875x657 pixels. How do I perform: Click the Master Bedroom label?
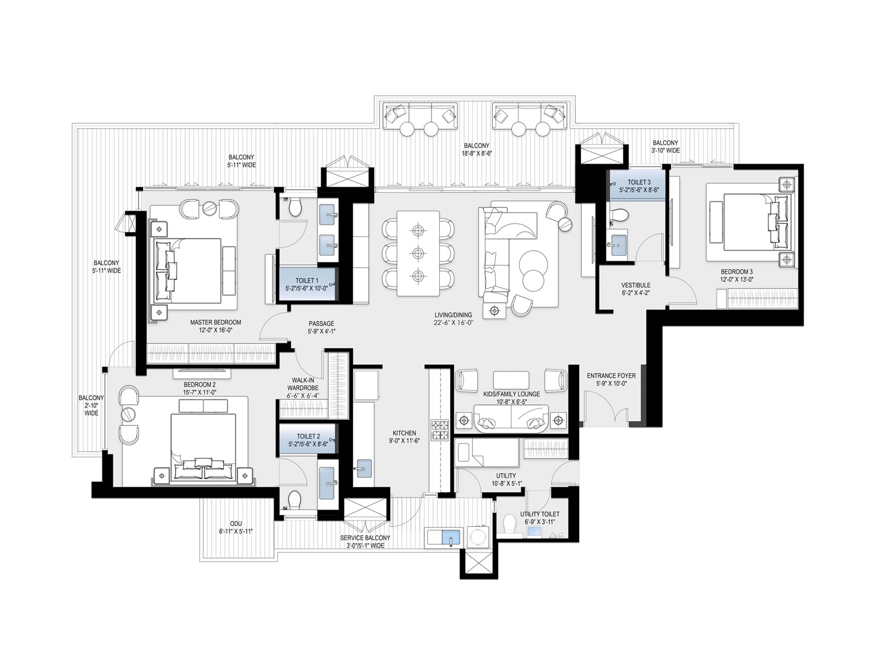(215, 322)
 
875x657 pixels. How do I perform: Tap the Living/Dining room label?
(453, 315)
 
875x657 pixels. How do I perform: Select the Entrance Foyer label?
(611, 376)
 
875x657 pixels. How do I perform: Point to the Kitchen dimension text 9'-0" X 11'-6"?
(404, 441)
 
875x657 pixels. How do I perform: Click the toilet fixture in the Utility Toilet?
(509, 523)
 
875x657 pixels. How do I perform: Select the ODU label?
(236, 524)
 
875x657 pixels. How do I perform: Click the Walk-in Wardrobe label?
(302, 384)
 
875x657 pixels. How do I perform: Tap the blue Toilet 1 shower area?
(306, 284)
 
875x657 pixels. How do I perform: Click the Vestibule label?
(636, 285)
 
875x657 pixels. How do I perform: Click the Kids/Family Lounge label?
(511, 394)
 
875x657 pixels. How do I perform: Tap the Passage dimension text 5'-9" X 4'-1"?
(322, 331)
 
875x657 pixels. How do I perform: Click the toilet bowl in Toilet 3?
(619, 215)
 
